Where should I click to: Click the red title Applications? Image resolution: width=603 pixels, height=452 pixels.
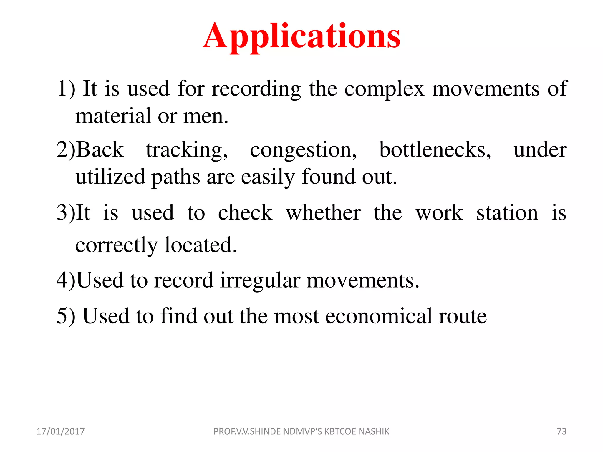[x=301, y=36]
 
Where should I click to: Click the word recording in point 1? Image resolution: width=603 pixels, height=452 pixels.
[x=256, y=89]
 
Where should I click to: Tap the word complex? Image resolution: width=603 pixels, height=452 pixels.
[x=384, y=89]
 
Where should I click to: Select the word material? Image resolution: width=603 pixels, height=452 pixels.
[x=113, y=116]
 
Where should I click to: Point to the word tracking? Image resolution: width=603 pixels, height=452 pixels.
[x=187, y=150]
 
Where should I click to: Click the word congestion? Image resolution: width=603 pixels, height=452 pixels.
[x=303, y=150]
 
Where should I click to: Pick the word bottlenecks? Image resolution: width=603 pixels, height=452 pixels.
[x=435, y=150]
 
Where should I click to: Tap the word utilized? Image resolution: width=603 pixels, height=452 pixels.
[x=110, y=177]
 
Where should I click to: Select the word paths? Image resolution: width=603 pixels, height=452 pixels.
[x=176, y=177]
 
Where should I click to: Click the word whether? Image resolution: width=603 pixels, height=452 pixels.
[x=323, y=213]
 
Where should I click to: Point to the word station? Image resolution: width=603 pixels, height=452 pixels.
[x=507, y=213]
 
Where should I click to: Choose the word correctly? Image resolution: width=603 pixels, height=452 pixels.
[x=117, y=245]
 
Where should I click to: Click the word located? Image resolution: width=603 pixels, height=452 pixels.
[x=201, y=245]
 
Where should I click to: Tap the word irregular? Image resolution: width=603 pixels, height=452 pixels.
[x=260, y=280]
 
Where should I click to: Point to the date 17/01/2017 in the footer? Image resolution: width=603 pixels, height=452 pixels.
[x=60, y=431]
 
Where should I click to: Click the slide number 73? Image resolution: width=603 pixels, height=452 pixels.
[x=561, y=431]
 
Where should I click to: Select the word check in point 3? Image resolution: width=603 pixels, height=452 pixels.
[x=245, y=213]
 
